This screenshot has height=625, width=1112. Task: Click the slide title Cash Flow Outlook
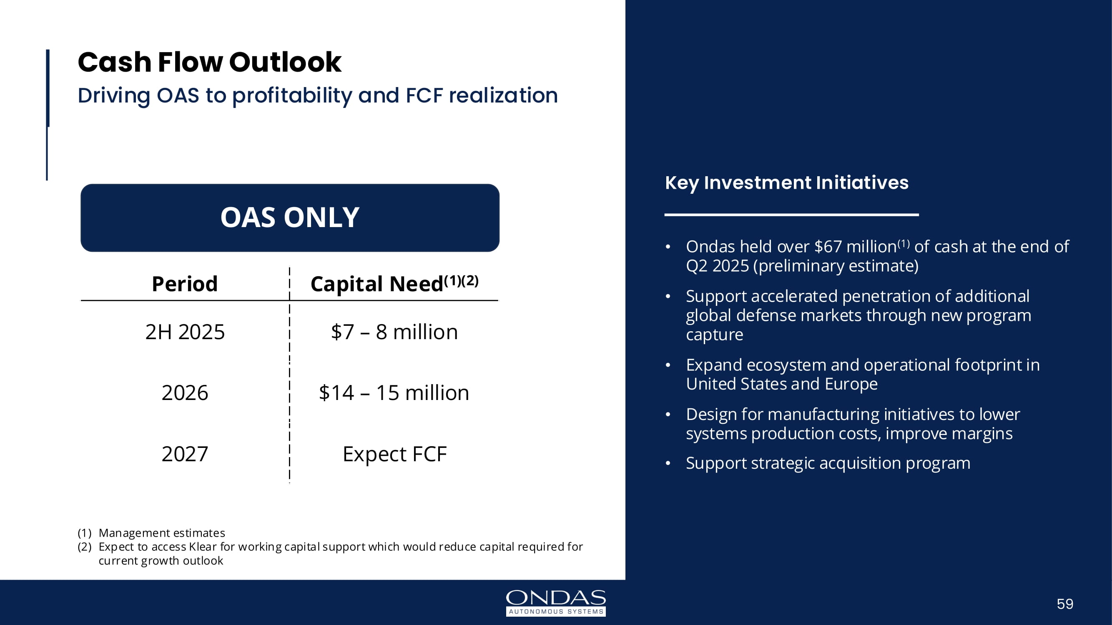[x=209, y=62]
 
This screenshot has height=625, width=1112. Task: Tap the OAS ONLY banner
[x=290, y=217]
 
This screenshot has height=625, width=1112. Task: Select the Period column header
[x=185, y=284]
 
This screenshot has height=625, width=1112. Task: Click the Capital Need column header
[x=394, y=283]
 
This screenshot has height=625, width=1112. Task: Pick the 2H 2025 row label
[x=185, y=332]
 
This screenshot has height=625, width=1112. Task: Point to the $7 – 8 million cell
[x=394, y=332]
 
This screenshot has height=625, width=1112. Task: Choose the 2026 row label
[x=185, y=392]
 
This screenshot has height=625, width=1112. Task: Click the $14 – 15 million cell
[x=394, y=392]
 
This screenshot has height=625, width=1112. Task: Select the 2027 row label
[x=185, y=454]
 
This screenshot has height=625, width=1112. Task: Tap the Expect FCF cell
[x=394, y=454]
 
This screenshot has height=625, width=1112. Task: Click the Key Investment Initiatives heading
[x=786, y=183]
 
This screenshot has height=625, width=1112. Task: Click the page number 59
[x=1065, y=604]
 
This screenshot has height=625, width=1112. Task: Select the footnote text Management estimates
[x=162, y=533]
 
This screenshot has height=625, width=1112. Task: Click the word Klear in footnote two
[x=203, y=547]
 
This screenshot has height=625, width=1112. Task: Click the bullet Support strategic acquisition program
[x=828, y=464]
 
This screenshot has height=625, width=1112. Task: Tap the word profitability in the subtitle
[x=292, y=96]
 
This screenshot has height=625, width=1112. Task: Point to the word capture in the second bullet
[x=714, y=335]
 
